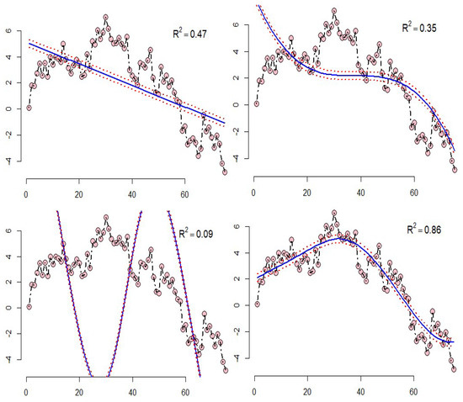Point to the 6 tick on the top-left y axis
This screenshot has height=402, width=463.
coord(8,31)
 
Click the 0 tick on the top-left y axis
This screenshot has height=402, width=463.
coord(8,108)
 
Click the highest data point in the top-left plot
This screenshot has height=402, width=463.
coord(105,17)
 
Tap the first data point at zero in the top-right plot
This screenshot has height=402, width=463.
coord(257,103)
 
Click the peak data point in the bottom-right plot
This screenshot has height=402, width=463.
coord(334,213)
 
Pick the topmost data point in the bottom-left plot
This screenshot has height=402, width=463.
coord(105,217)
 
